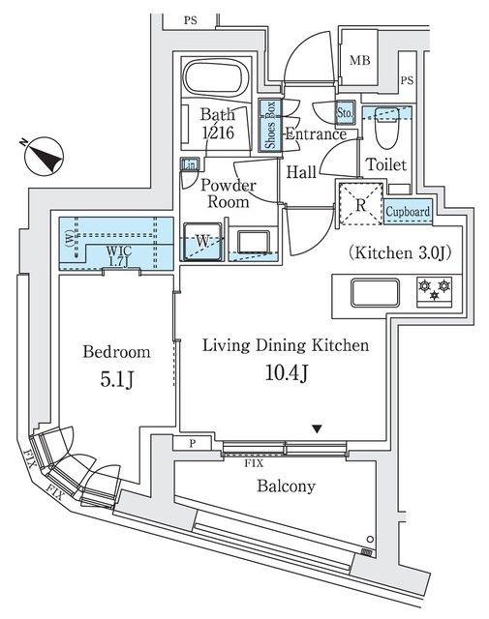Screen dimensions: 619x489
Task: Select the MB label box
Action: [x=360, y=61]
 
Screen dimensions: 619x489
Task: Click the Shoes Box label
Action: [x=271, y=126]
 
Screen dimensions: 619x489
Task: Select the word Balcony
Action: [x=285, y=486]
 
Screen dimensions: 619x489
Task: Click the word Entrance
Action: [x=316, y=134]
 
